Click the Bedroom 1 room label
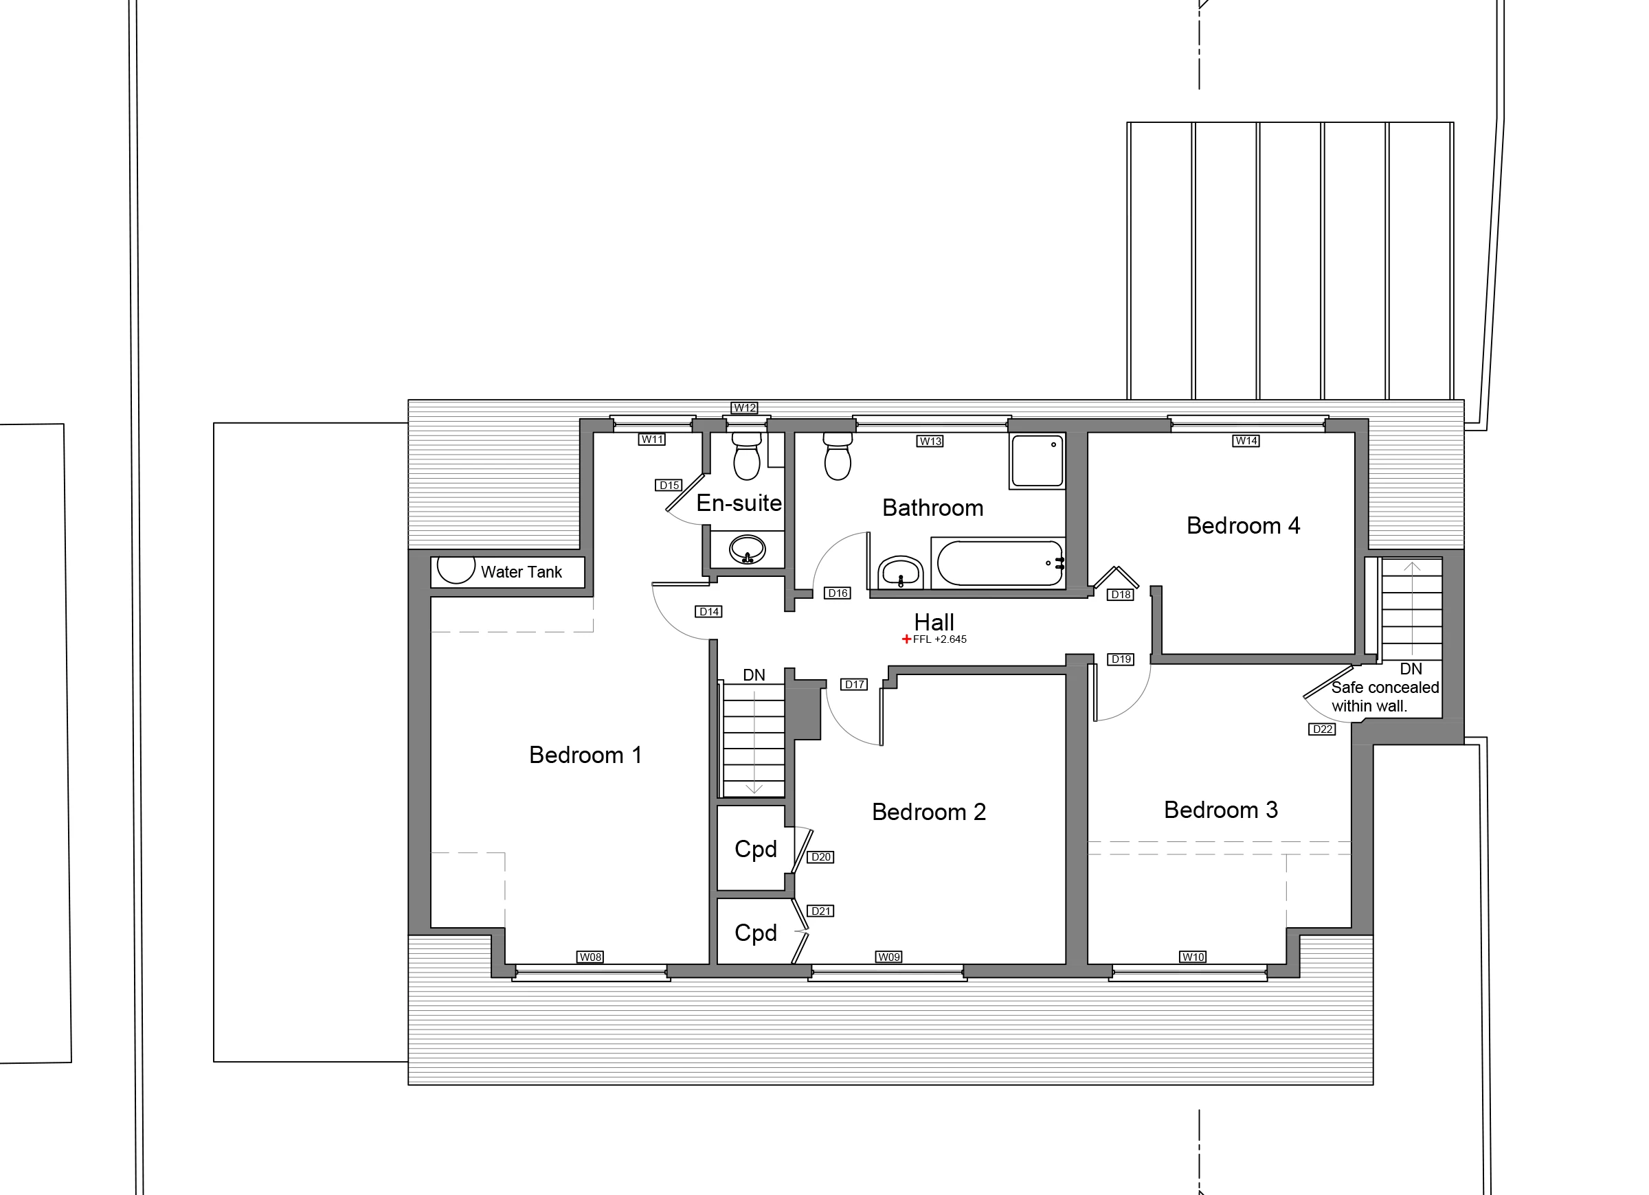tap(585, 755)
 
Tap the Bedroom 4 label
tap(1244, 525)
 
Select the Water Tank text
tap(521, 572)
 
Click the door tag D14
tap(709, 611)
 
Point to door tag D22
tap(1322, 729)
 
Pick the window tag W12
tap(745, 408)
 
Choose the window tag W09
tap(888, 957)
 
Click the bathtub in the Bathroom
tap(999, 562)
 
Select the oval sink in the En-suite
tap(747, 549)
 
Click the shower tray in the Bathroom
tap(1037, 461)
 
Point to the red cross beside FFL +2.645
tap(906, 639)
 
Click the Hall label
tap(934, 622)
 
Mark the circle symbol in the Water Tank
tap(456, 568)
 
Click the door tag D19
tap(1121, 659)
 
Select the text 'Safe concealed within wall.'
tap(1385, 696)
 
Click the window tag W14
tap(1246, 440)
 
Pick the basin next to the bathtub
tap(901, 572)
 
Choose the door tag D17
tap(854, 684)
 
